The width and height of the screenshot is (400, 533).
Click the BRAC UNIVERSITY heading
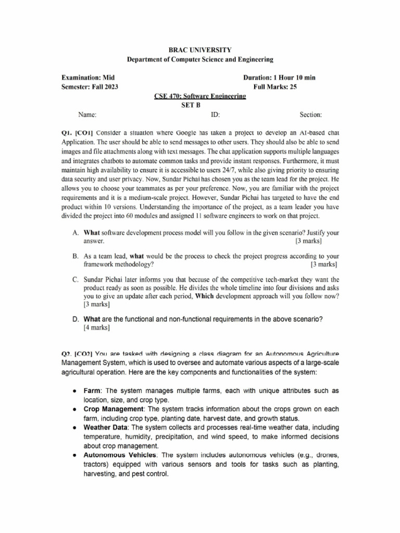click(200, 50)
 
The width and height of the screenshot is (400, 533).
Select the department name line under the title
click(200, 60)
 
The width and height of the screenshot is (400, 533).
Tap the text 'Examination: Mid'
click(87, 78)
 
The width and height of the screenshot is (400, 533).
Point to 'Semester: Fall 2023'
click(90, 87)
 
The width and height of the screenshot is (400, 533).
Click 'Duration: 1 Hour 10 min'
click(279, 78)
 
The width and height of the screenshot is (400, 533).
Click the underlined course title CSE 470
click(200, 96)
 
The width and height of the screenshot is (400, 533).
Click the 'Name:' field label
click(87, 115)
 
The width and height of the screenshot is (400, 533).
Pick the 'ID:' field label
click(215, 115)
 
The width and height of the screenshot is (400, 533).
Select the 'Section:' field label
click(310, 115)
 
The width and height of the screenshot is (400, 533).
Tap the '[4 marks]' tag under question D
click(96, 328)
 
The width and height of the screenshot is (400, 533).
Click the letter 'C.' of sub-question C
click(76, 280)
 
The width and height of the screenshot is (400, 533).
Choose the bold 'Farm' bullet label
click(92, 390)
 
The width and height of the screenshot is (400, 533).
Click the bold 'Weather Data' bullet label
click(106, 427)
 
